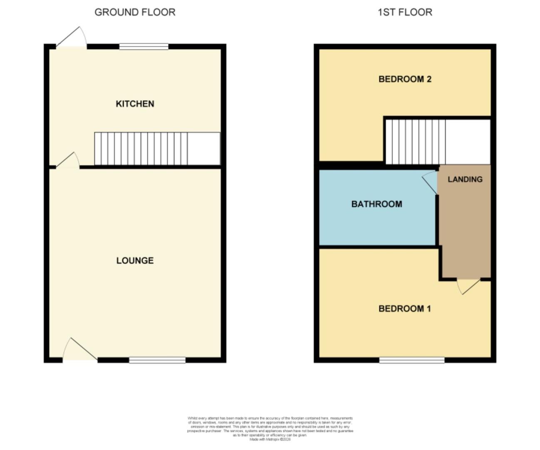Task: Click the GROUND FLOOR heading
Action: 135,12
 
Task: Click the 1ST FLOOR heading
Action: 405,12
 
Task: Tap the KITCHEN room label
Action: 135,104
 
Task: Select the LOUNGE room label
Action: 135,260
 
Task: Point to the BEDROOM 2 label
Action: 405,79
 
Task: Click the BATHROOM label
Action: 376,204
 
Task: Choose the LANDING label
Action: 465,179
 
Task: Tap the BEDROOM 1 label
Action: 405,309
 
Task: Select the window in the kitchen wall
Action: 144,47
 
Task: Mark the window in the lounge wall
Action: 157,360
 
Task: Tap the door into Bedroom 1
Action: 468,285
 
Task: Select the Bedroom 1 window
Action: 411,360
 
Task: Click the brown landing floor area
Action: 465,233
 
